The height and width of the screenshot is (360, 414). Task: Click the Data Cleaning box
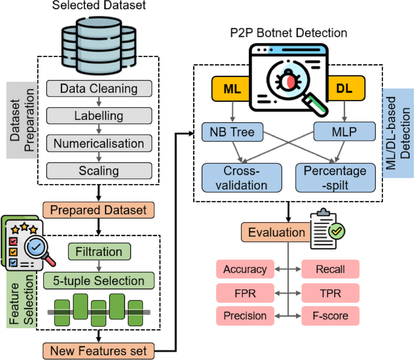click(99, 89)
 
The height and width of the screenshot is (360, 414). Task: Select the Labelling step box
click(99, 116)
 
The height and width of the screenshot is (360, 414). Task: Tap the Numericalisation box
click(99, 143)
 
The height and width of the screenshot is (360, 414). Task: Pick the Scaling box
click(99, 171)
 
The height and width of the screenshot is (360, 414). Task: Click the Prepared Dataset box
click(98, 210)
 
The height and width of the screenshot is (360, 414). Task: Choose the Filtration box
click(99, 252)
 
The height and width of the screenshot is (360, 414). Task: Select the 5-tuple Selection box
click(99, 281)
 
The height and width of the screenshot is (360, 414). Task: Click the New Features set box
click(98, 351)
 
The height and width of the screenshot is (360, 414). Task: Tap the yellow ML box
click(230, 89)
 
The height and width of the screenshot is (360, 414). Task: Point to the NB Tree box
click(232, 132)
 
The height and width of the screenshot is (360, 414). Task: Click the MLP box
click(344, 132)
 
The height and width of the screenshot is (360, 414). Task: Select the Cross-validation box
click(241, 178)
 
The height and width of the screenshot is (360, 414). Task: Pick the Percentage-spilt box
click(335, 178)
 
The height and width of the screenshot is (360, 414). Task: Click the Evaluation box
click(276, 232)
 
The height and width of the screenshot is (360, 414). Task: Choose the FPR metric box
click(245, 293)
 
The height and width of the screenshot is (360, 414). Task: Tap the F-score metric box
click(330, 315)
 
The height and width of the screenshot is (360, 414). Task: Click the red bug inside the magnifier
click(288, 82)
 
